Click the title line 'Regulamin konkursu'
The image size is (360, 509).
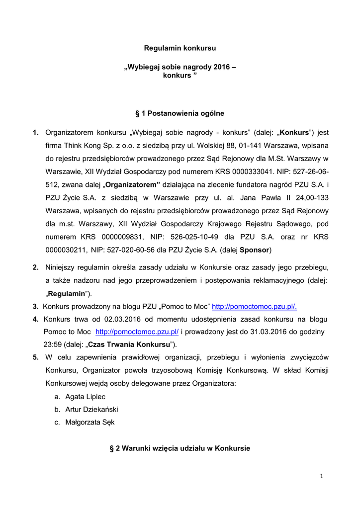click(x=180, y=49)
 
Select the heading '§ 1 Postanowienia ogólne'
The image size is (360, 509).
click(x=180, y=114)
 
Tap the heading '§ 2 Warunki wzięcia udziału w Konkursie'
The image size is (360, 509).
click(x=180, y=448)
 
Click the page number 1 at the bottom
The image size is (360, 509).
click(x=322, y=476)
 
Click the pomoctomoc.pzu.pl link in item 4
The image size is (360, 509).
click(x=137, y=332)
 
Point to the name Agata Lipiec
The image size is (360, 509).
click(x=86, y=397)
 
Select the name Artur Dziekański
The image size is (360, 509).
click(x=91, y=410)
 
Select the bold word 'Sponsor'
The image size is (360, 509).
click(x=255, y=249)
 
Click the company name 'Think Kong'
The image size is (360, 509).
click(x=82, y=146)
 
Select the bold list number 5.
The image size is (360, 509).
click(x=35, y=357)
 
